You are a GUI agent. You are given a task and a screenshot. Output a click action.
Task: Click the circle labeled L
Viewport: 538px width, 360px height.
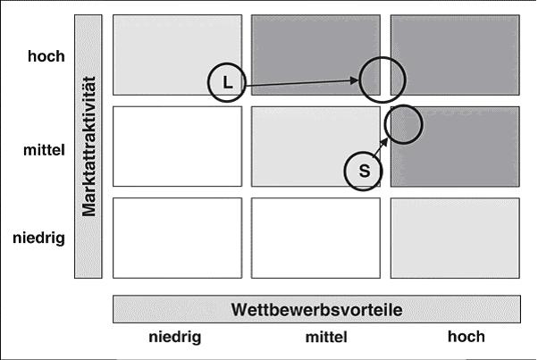click(227, 82)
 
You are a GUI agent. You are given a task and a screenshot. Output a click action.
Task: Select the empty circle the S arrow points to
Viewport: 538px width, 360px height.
click(406, 122)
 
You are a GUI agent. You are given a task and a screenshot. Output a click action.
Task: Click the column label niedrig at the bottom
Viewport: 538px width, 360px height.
click(175, 337)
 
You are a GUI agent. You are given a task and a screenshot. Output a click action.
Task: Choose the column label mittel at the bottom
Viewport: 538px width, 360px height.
click(325, 337)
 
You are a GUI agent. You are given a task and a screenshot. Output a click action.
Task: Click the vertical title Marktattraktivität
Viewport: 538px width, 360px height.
click(88, 147)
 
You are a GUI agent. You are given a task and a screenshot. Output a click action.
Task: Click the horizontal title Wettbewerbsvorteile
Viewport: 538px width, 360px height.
click(316, 309)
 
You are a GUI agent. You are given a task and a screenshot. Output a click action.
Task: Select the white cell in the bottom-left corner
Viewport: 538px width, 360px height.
click(177, 238)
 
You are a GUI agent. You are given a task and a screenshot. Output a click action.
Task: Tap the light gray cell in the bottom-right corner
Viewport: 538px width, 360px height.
click(455, 238)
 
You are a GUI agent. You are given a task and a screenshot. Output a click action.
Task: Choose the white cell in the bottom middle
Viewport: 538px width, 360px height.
click(315, 238)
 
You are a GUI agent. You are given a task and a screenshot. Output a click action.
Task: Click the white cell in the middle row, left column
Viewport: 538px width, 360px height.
click(177, 147)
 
